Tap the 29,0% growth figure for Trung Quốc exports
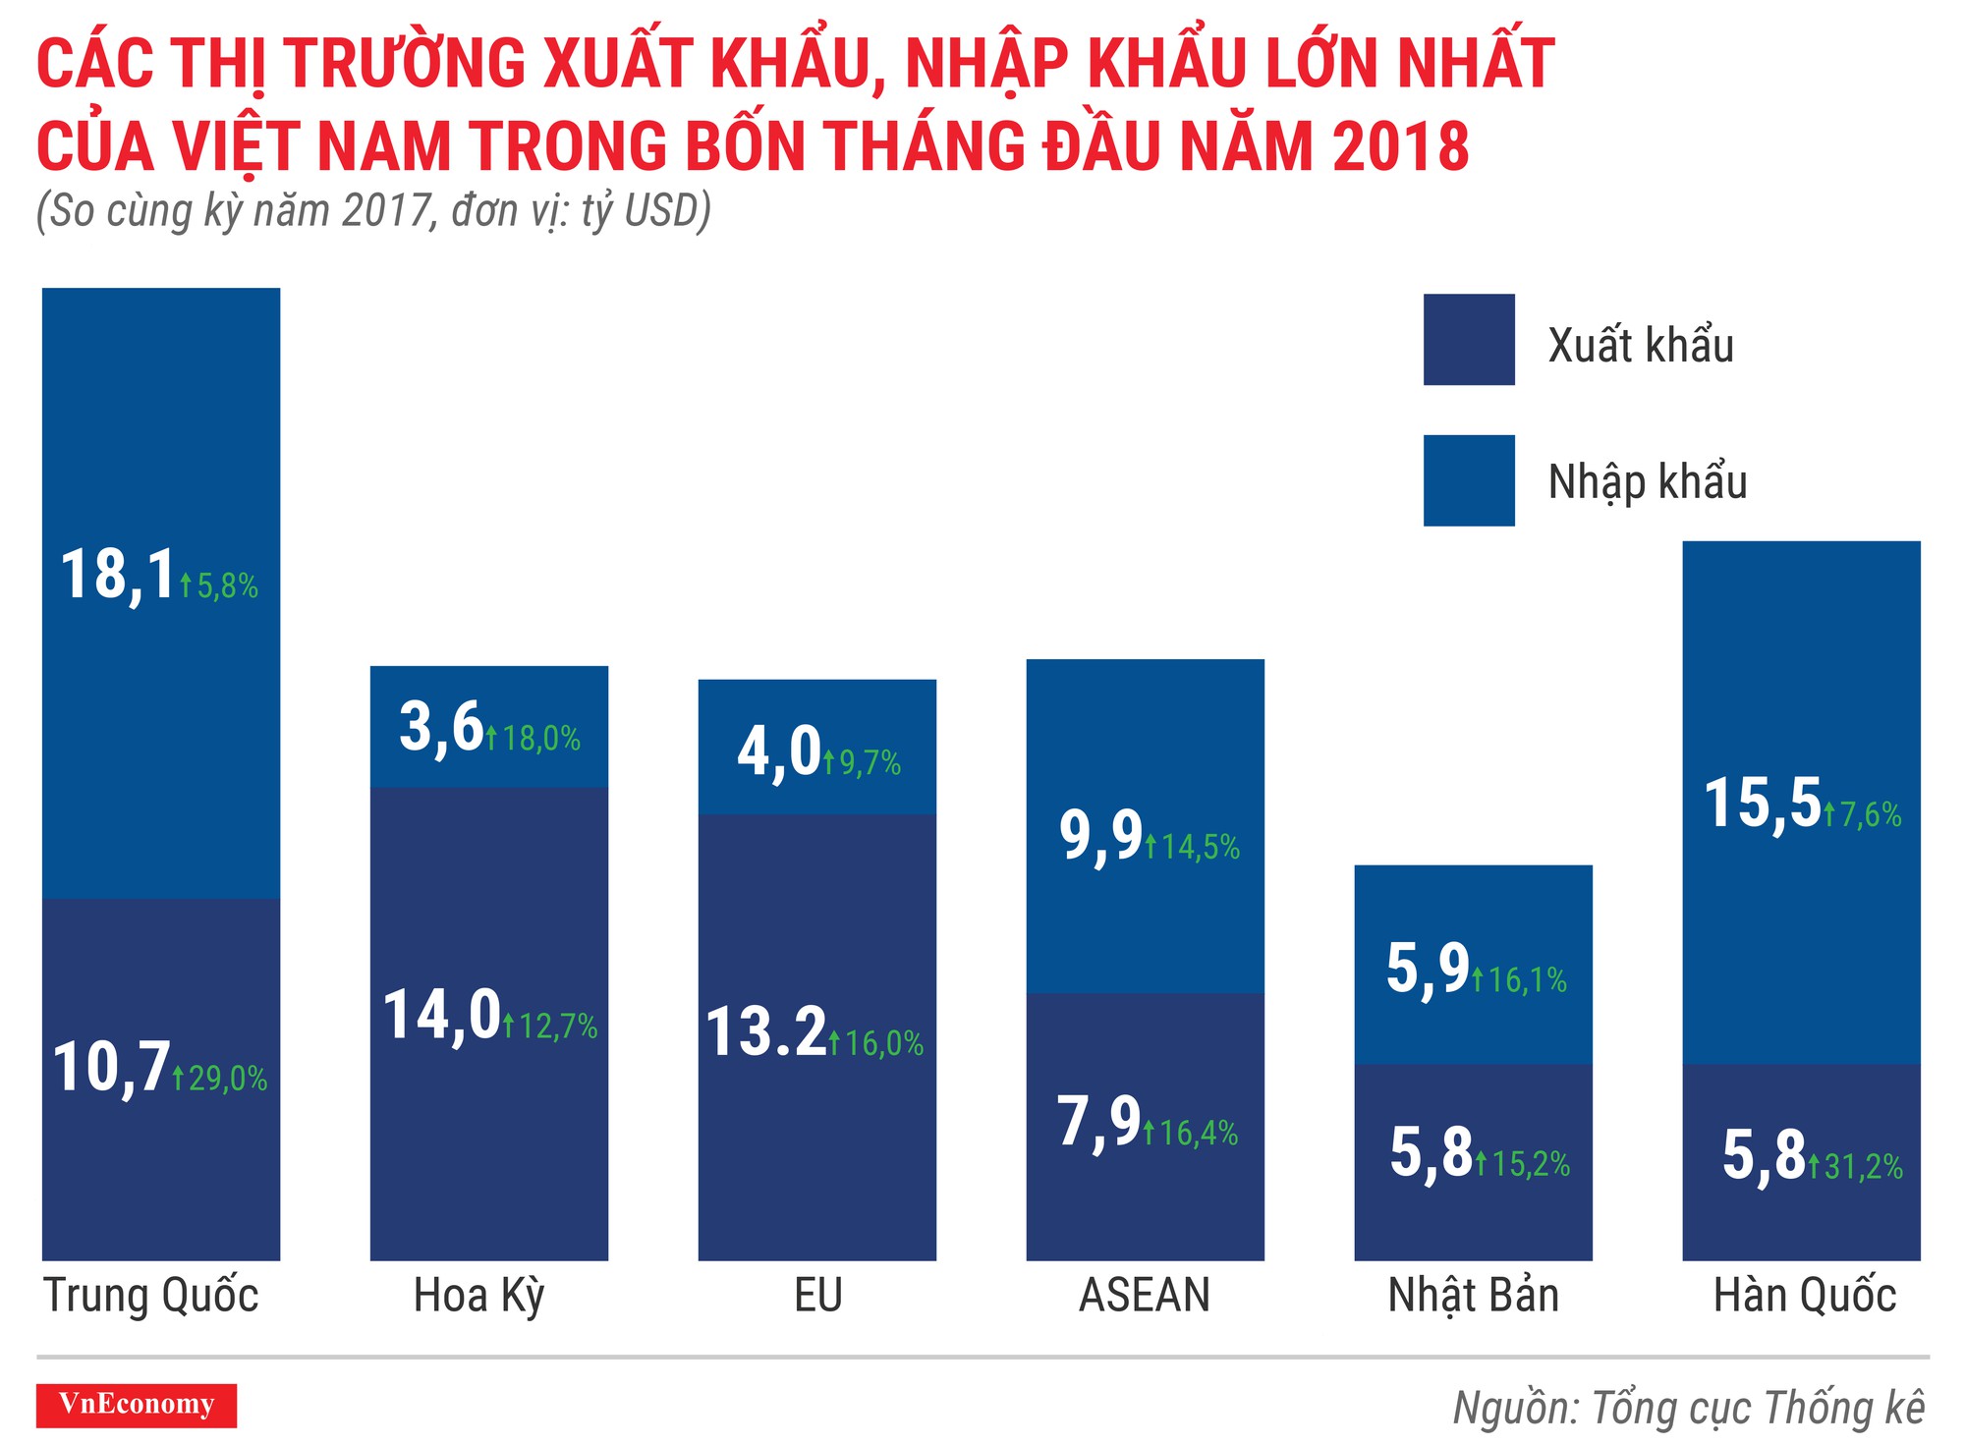(227, 1079)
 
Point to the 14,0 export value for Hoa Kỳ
(442, 1015)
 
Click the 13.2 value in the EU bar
(766, 1032)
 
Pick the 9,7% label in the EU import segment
(869, 762)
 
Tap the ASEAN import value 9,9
(1100, 836)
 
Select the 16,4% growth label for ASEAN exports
(1198, 1134)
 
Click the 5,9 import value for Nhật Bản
(1428, 969)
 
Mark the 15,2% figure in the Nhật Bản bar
(1530, 1164)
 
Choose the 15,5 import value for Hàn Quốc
(1763, 804)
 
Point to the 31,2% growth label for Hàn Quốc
(1863, 1167)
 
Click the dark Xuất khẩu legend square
(1469, 340)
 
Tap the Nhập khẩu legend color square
(1469, 480)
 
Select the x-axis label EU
(817, 1296)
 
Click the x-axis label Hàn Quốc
(1804, 1296)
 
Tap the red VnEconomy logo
(137, 1405)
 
